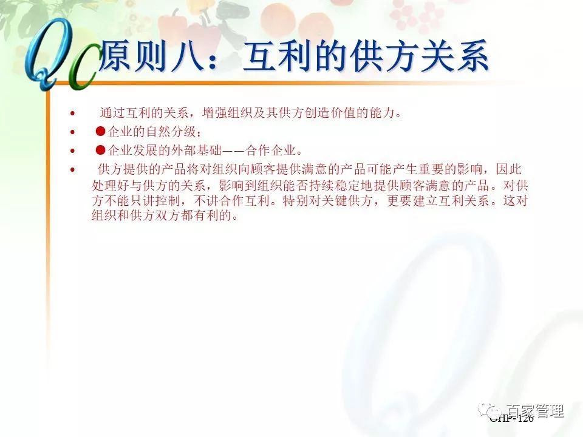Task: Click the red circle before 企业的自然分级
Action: pos(101,132)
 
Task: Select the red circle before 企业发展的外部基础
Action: pos(101,150)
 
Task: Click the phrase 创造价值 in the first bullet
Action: pos(331,113)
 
